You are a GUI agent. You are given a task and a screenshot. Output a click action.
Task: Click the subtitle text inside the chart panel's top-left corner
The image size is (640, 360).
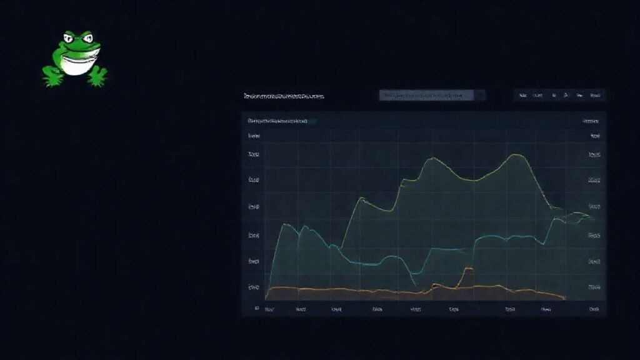pos(277,120)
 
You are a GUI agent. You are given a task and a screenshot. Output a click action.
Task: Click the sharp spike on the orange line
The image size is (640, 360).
pos(467,269)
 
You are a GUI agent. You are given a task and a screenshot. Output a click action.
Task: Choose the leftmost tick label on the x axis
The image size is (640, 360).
pos(270,309)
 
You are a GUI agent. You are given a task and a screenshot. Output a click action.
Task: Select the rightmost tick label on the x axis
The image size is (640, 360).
pos(592,309)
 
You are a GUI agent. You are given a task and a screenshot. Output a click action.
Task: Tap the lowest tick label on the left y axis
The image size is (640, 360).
pos(253,287)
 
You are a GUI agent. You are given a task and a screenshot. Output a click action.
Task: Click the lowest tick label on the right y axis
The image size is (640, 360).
pos(594,287)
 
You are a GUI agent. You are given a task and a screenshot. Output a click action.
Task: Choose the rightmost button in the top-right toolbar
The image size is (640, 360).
pos(596,96)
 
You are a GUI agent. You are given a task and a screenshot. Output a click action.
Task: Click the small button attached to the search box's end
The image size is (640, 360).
pos(481,96)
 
